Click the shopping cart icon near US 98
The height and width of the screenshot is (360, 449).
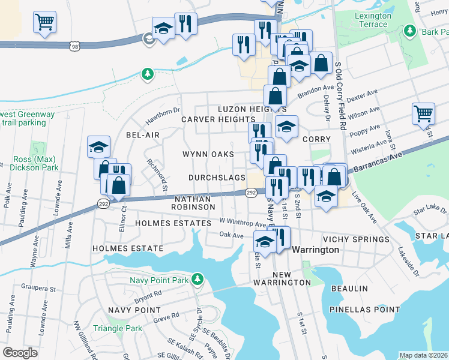(44, 22)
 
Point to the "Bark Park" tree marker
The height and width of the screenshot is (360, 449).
(411, 31)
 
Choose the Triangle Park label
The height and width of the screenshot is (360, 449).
(118, 328)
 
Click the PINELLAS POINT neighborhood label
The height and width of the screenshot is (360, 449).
(364, 310)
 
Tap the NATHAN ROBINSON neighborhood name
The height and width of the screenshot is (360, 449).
(194, 202)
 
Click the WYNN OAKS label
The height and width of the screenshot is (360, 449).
(208, 154)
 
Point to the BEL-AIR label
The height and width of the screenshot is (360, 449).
(143, 135)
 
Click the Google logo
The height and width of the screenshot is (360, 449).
(20, 352)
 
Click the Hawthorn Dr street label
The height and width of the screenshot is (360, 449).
(160, 111)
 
